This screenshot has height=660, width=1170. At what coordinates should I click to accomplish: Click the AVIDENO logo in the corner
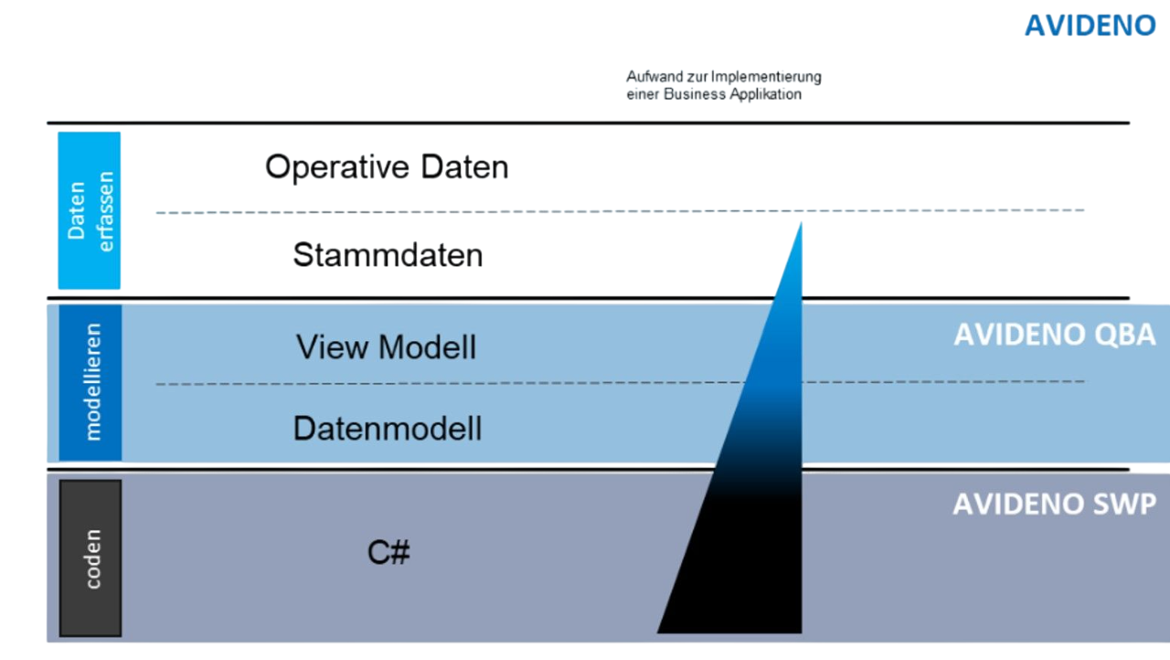point(1090,25)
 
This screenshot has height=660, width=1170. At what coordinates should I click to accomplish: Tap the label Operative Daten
point(386,167)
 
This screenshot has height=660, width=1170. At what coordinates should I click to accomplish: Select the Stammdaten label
point(388,254)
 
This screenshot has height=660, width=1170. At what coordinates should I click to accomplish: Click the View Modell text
point(386,347)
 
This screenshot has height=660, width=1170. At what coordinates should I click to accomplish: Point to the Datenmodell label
point(388,429)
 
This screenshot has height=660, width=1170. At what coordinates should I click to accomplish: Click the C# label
point(388,552)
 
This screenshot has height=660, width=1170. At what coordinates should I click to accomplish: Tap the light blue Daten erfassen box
point(90,210)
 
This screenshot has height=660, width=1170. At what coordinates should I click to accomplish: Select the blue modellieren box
point(90,382)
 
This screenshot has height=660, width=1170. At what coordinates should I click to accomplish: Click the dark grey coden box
point(90,558)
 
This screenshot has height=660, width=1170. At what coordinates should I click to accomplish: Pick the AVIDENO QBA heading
point(1054,335)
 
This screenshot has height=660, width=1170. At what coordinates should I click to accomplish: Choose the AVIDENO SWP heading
point(1054,504)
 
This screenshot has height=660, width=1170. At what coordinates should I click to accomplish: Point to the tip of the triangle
point(801,224)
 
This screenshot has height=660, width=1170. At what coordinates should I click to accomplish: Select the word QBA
point(1123,335)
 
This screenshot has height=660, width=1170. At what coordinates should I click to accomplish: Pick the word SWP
point(1123,504)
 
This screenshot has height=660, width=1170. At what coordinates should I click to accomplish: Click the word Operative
point(337,167)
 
